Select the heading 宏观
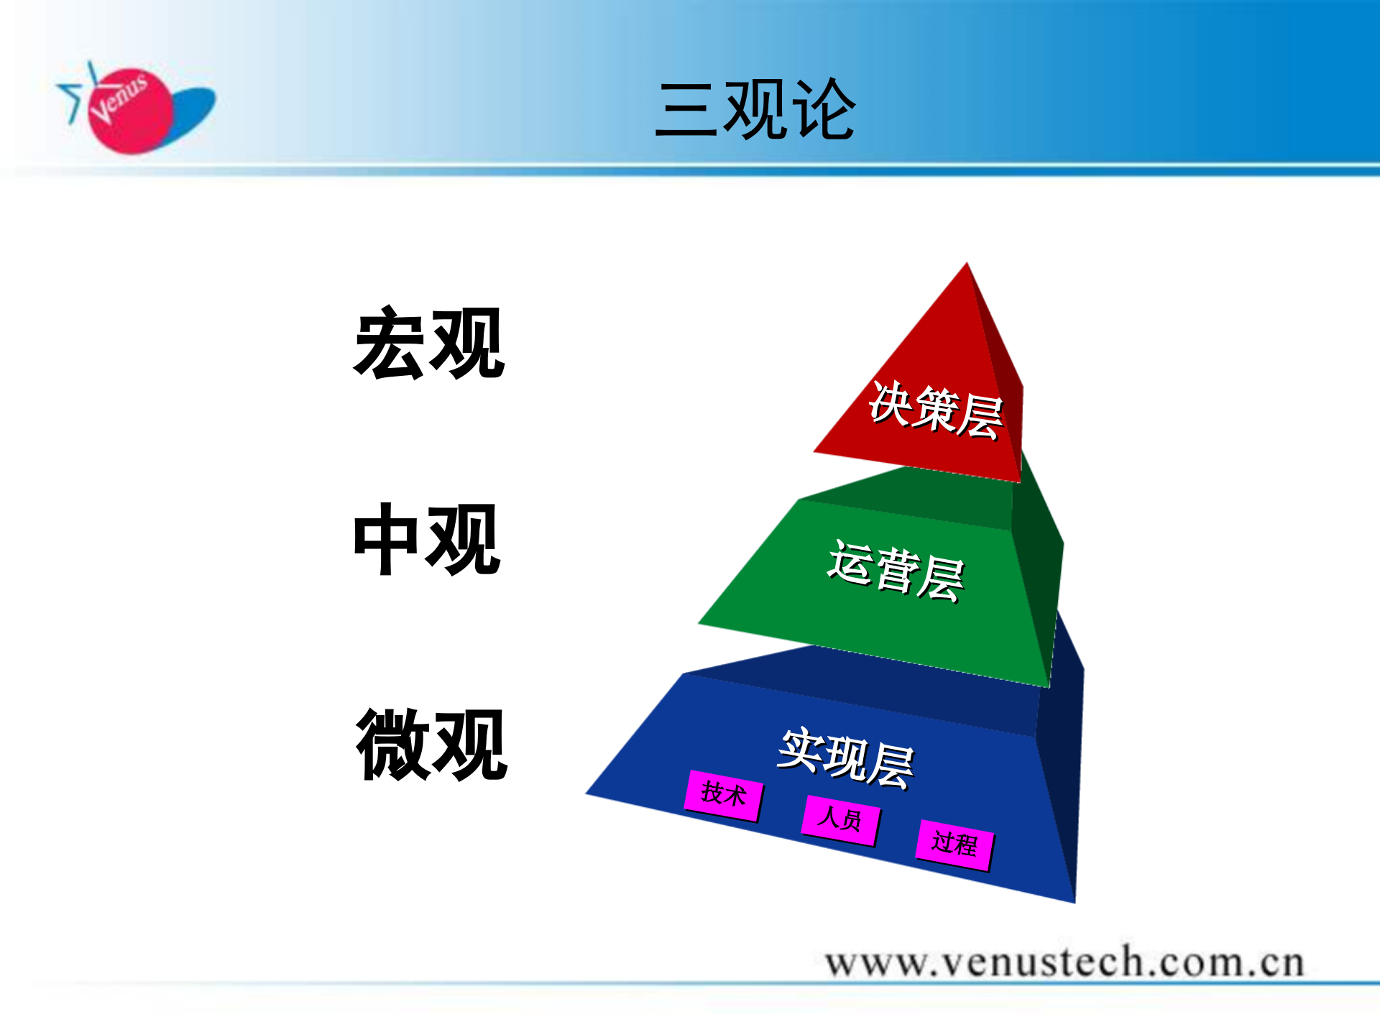(429, 344)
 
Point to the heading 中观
(427, 539)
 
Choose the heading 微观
(431, 745)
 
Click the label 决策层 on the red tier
(935, 410)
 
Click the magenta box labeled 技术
(724, 795)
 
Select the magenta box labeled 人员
(840, 819)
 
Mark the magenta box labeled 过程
(955, 844)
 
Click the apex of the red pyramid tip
(967, 266)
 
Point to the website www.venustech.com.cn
(1064, 962)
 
